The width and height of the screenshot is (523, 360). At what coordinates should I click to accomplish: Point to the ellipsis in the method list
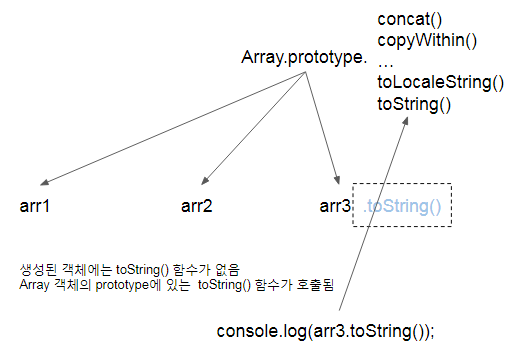point(386,61)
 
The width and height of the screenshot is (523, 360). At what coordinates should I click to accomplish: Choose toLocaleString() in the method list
point(440,82)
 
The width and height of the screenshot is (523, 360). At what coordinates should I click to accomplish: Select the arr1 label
point(35,207)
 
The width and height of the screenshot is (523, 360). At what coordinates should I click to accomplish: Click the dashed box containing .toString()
point(404,208)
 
